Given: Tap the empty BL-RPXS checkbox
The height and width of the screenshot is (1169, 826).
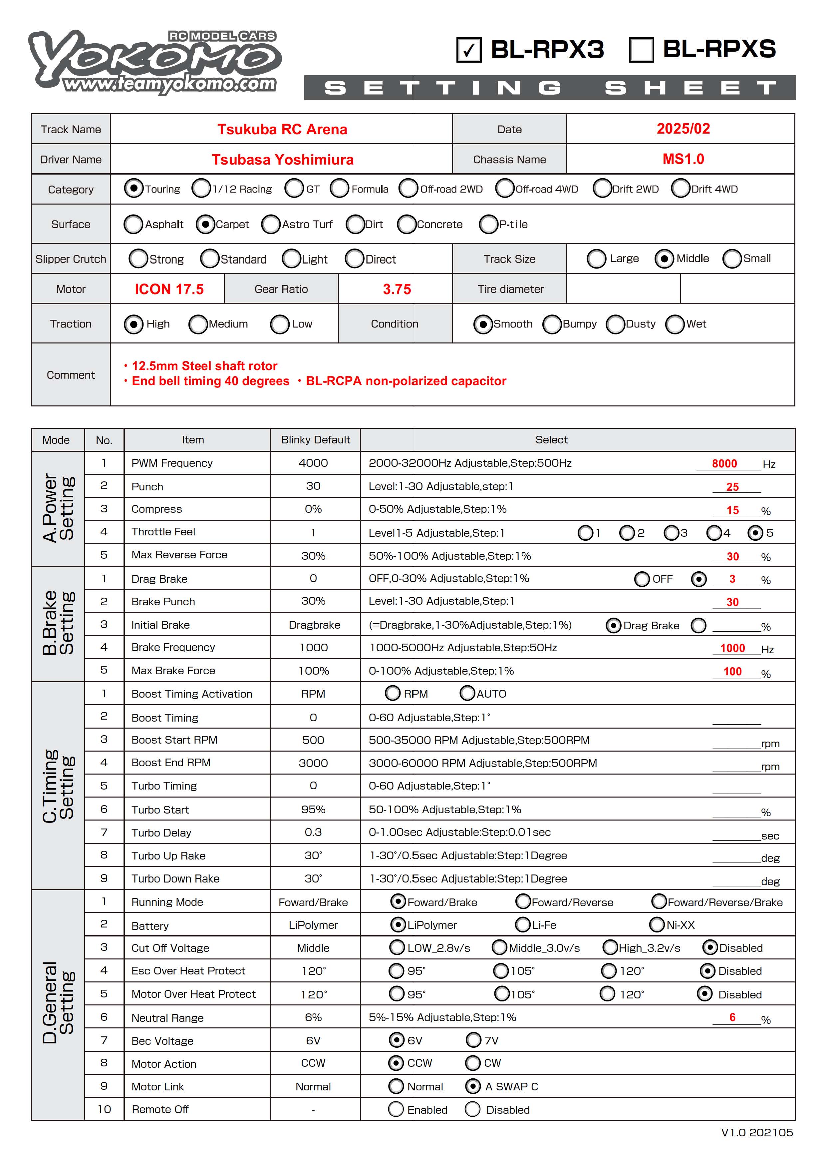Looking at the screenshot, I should tap(641, 50).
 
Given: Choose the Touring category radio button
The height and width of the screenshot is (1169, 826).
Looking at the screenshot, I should tap(134, 188).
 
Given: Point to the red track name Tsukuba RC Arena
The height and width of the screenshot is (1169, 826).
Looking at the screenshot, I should tap(282, 129).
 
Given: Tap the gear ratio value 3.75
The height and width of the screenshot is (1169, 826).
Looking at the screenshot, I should tap(397, 289).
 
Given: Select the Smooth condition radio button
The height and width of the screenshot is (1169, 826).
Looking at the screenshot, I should tap(482, 324).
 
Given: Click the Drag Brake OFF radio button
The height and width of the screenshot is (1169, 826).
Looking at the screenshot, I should tap(642, 579).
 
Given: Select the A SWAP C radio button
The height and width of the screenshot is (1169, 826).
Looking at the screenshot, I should tap(472, 1086).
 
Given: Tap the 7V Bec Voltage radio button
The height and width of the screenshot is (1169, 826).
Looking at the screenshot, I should tap(473, 1040).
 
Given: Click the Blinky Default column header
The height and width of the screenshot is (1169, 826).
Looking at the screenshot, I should tap(316, 440).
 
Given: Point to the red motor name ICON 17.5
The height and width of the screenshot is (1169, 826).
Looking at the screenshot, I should tap(169, 289).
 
